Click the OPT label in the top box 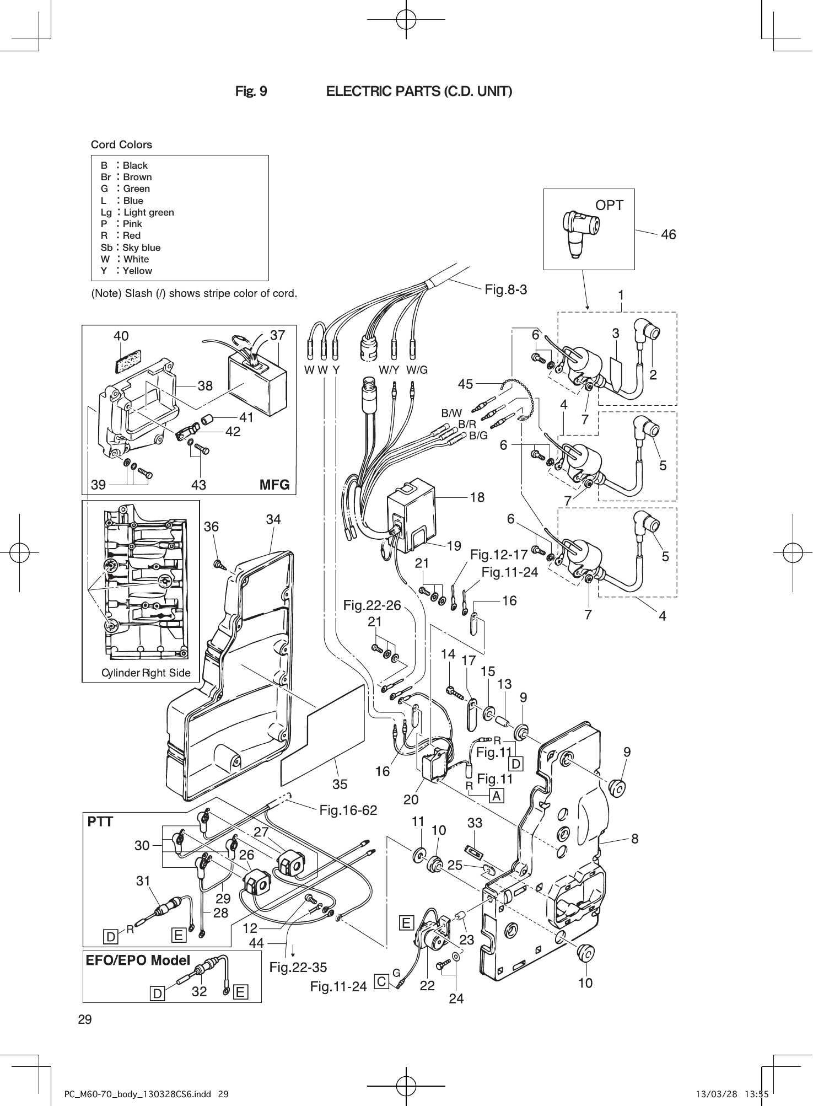click(x=609, y=205)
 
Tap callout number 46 click(x=668, y=234)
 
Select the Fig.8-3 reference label click(x=505, y=289)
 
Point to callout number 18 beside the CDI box click(x=477, y=497)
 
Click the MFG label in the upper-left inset click(x=274, y=485)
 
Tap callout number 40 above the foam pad click(x=121, y=335)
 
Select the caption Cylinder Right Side click(x=146, y=673)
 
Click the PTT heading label click(x=100, y=822)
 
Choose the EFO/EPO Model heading click(x=138, y=960)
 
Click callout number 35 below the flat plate click(x=340, y=783)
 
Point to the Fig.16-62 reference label click(x=348, y=810)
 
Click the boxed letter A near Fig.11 click(x=496, y=796)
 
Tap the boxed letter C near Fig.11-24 click(x=381, y=981)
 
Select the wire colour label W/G click(x=417, y=370)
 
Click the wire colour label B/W click(x=451, y=412)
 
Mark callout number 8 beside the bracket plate click(x=634, y=839)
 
